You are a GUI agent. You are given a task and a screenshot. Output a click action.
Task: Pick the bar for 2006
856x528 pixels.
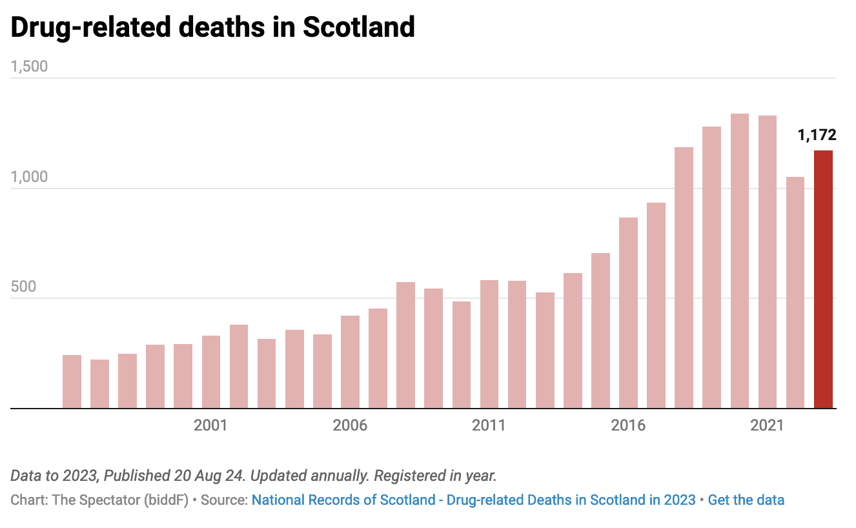pyautogui.click(x=350, y=361)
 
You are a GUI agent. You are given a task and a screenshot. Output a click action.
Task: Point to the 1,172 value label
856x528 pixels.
pyautogui.click(x=817, y=135)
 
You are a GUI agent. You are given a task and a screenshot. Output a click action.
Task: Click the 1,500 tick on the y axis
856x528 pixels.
pyautogui.click(x=29, y=67)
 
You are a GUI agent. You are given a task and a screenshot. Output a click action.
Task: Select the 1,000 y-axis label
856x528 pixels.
pyautogui.click(x=29, y=177)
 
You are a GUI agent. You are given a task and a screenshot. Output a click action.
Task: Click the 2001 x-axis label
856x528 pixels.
pyautogui.click(x=210, y=425)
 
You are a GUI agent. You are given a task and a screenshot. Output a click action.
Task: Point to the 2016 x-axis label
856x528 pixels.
pyautogui.click(x=628, y=425)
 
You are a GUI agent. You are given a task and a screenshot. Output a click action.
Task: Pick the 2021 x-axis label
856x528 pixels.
pyautogui.click(x=767, y=425)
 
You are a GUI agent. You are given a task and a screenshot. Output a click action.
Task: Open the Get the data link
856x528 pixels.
pyautogui.click(x=746, y=500)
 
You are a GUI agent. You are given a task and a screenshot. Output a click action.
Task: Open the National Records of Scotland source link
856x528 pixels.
pyautogui.click(x=473, y=500)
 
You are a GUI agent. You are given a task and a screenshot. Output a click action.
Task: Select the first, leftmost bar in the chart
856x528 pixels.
pyautogui.click(x=72, y=381)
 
